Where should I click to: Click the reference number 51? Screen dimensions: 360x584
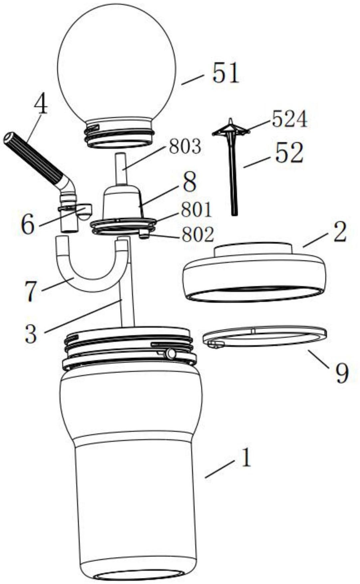(x=226, y=74)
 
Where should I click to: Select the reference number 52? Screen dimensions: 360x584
(x=289, y=153)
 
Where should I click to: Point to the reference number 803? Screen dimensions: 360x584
(x=185, y=147)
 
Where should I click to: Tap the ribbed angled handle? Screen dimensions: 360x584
(x=33, y=156)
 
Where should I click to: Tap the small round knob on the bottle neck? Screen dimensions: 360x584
(x=171, y=353)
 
